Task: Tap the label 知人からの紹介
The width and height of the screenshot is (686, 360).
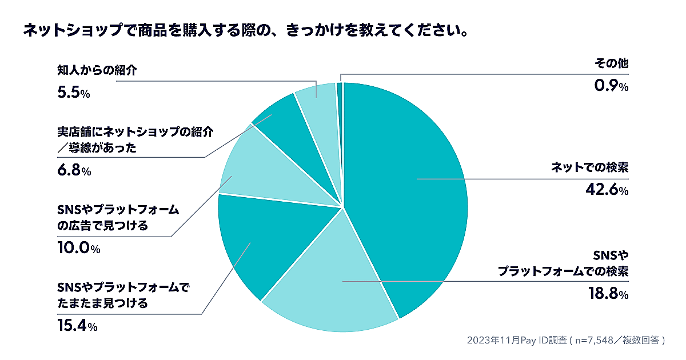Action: pyautogui.click(x=98, y=70)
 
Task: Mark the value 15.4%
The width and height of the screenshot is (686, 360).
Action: pyautogui.click(x=77, y=326)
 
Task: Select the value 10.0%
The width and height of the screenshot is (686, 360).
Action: pyautogui.click(x=78, y=249)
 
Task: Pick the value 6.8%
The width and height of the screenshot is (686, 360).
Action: pyautogui.click(x=74, y=171)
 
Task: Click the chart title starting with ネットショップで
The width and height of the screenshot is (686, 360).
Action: pyautogui.click(x=246, y=30)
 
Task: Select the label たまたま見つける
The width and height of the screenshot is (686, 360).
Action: pyautogui.click(x=102, y=303)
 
